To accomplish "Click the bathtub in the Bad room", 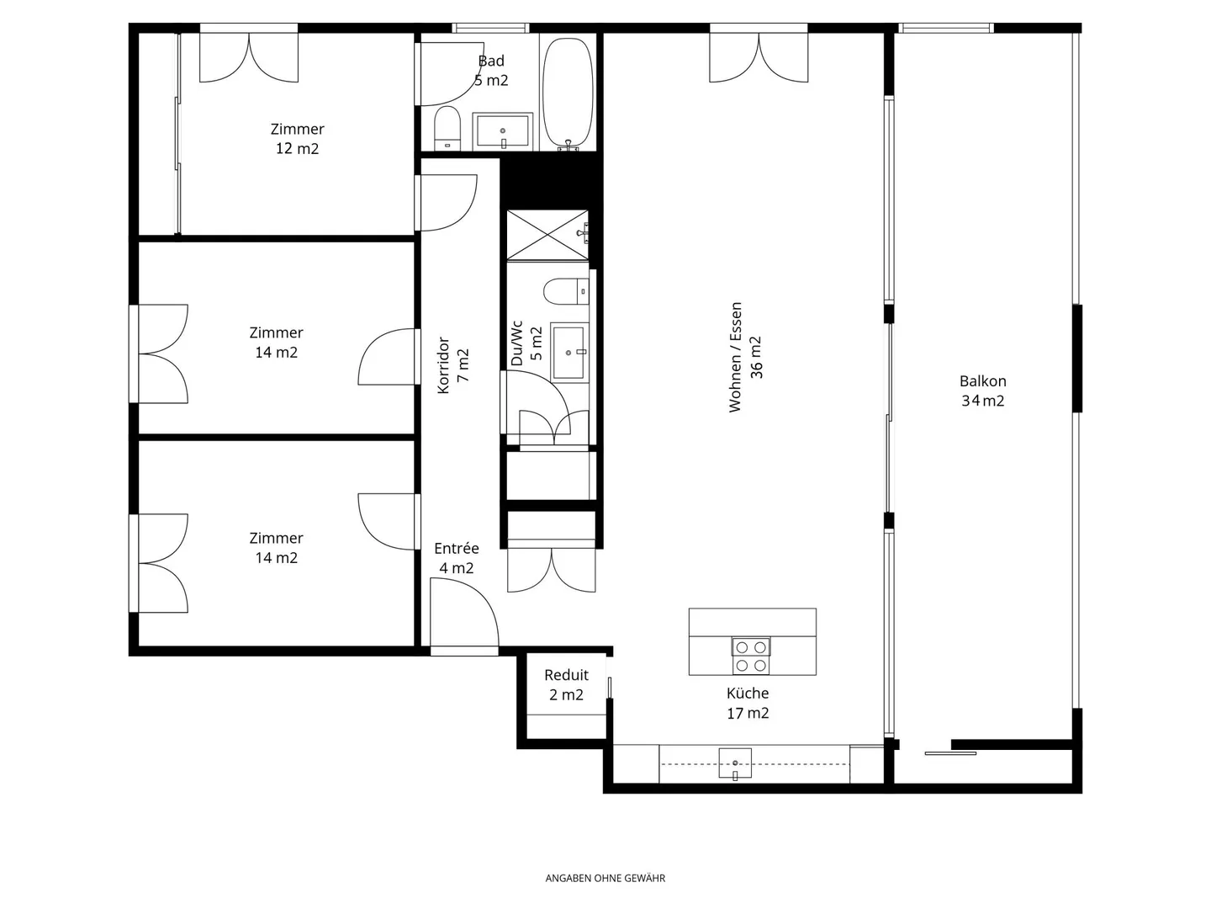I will coord(568,93).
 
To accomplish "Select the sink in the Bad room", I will coord(503,131).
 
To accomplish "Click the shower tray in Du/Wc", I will coord(547,235).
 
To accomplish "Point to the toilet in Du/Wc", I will coord(565,291).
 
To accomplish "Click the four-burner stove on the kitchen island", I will coord(751,656).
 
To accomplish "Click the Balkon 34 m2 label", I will coord(982,391).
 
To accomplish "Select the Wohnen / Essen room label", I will coord(745,357).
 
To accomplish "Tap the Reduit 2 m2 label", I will coord(566,684).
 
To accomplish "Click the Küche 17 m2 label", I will coord(748,703).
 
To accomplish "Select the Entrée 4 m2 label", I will coord(457,558).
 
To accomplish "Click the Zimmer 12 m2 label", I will coord(297,138).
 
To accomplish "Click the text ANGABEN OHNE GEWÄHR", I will coord(605,878).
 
